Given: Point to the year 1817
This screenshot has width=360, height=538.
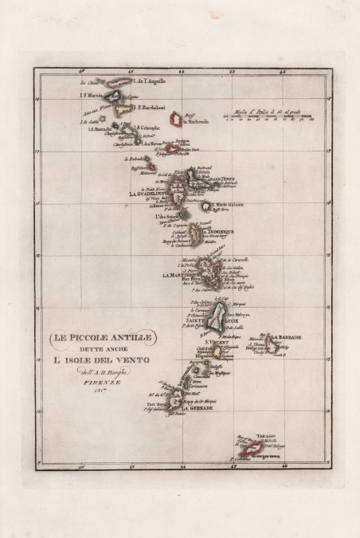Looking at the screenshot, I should [97, 391].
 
